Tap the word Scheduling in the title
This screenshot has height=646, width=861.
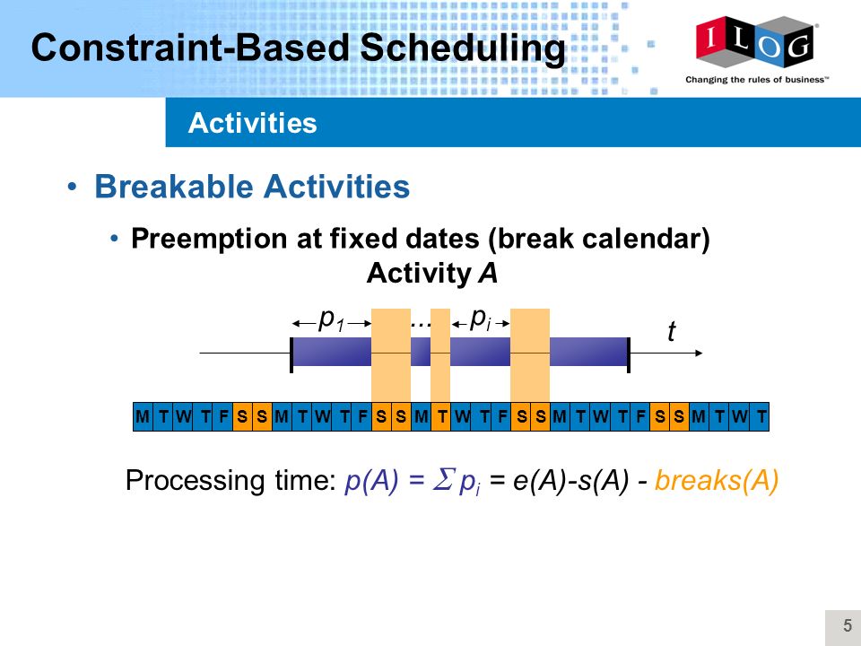pos(463,48)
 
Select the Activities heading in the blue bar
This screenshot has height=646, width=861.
pos(253,123)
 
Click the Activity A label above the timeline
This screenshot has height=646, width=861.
pos(432,273)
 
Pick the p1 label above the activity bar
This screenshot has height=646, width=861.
pos(332,319)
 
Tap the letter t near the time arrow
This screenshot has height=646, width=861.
pos(671,331)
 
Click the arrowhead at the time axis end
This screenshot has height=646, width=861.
pos(699,353)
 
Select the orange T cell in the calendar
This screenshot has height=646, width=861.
pos(441,416)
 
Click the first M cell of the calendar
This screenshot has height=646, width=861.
pos(143,416)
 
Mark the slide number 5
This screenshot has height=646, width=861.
pos(848,625)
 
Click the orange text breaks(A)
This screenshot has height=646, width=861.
pos(717,480)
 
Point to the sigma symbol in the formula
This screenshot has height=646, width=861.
pos(443,479)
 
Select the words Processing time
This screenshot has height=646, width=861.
pos(230,481)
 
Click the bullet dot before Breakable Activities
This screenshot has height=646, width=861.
pos(72,188)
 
